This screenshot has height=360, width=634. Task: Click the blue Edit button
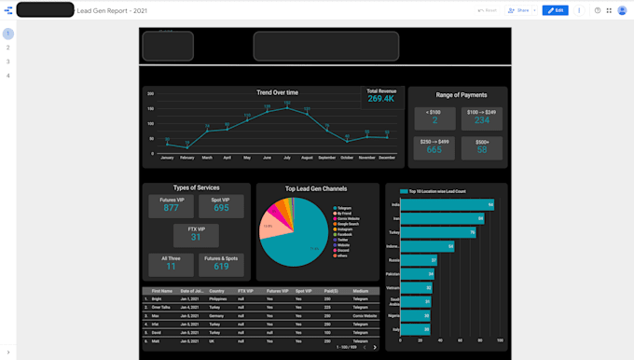[x=555, y=10]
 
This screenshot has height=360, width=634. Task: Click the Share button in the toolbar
[x=518, y=10]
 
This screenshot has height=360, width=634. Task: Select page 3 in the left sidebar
[x=8, y=62]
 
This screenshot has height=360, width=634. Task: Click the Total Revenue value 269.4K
[x=380, y=98]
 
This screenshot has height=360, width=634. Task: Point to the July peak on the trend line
[x=286, y=106]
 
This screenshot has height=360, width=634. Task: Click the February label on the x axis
[x=187, y=159]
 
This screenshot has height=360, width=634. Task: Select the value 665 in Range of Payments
[x=434, y=149]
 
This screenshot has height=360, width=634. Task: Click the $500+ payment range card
[x=481, y=145]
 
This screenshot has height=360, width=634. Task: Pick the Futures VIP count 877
[x=171, y=208]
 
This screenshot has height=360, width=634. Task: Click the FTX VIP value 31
[x=196, y=237]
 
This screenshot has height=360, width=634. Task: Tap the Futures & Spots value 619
[x=221, y=266]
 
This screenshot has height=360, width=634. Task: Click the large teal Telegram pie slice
[x=298, y=233]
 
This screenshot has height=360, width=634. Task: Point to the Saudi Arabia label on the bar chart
[x=395, y=301]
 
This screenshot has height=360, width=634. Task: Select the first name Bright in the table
[x=157, y=299]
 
